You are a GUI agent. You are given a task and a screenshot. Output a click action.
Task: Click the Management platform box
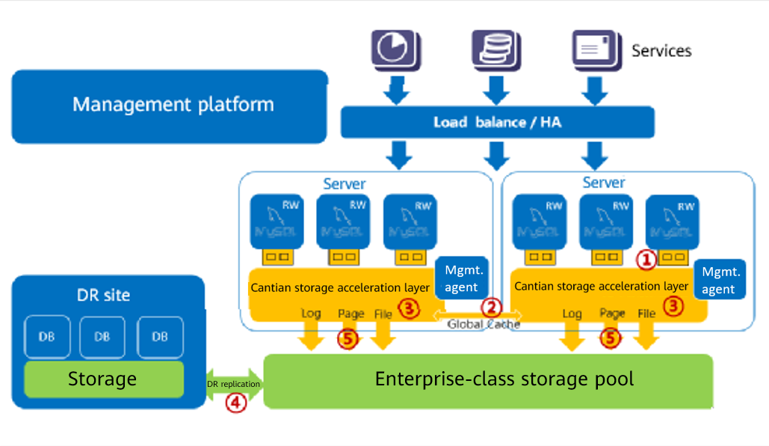[x=170, y=105]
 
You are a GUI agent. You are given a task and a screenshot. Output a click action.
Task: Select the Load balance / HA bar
[x=497, y=122]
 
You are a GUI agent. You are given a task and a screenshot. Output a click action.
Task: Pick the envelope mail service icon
[x=596, y=49]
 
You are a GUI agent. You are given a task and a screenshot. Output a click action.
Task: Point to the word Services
[x=661, y=51]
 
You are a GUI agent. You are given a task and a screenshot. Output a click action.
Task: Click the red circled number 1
[x=645, y=260]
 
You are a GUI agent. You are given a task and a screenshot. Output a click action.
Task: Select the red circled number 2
[x=490, y=306]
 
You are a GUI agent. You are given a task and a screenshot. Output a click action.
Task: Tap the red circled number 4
[x=236, y=403]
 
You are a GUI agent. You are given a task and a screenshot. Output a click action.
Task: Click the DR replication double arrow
[x=233, y=384]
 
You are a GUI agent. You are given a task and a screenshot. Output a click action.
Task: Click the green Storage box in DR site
[x=103, y=379]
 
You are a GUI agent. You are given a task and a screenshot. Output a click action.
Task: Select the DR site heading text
[x=103, y=295]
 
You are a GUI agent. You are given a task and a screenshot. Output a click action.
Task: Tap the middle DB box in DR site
[x=103, y=337]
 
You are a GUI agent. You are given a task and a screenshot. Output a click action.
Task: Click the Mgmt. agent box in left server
[x=464, y=278]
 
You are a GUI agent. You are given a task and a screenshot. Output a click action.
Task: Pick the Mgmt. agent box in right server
[x=720, y=280]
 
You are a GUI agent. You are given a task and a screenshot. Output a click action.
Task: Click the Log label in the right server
[x=572, y=314]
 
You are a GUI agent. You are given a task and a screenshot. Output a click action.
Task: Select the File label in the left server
[x=383, y=314]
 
